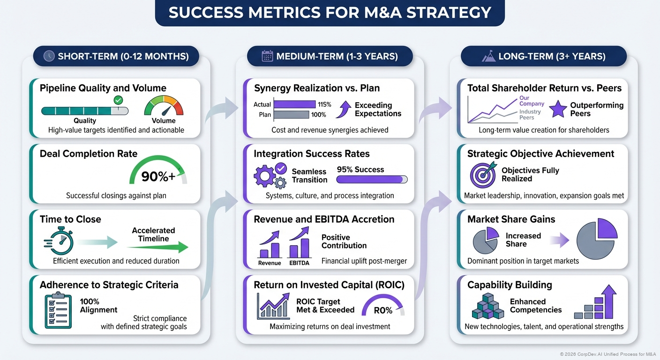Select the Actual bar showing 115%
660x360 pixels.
(x=294, y=104)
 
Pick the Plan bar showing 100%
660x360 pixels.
(x=291, y=114)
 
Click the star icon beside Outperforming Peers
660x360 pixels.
(x=557, y=109)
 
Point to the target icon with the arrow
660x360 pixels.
(x=482, y=175)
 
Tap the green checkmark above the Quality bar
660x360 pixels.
(x=118, y=100)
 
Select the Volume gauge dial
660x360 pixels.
(x=164, y=106)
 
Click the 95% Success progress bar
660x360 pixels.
(x=372, y=179)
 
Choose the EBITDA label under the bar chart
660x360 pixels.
(x=300, y=263)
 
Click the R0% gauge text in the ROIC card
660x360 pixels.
(x=383, y=310)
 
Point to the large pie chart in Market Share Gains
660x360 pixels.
(x=597, y=240)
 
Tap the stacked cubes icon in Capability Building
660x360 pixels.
(x=487, y=307)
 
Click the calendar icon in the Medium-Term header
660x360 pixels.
(x=267, y=56)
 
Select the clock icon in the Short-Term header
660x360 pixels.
(x=49, y=56)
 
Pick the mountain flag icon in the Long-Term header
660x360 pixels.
(x=489, y=56)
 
